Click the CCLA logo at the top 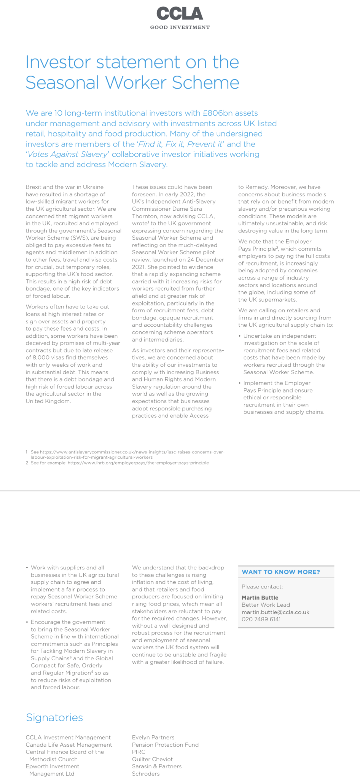point(180,14)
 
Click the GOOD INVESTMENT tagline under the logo point(180,27)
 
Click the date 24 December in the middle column point(205,260)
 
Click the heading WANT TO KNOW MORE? point(280,572)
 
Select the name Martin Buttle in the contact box point(260,598)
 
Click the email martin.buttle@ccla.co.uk point(275,612)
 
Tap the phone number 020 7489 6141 point(261,619)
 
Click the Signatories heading point(54,718)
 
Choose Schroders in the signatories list point(146,774)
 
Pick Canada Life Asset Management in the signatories point(69,745)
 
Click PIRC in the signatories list point(139,752)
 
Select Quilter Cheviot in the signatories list point(152,759)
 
